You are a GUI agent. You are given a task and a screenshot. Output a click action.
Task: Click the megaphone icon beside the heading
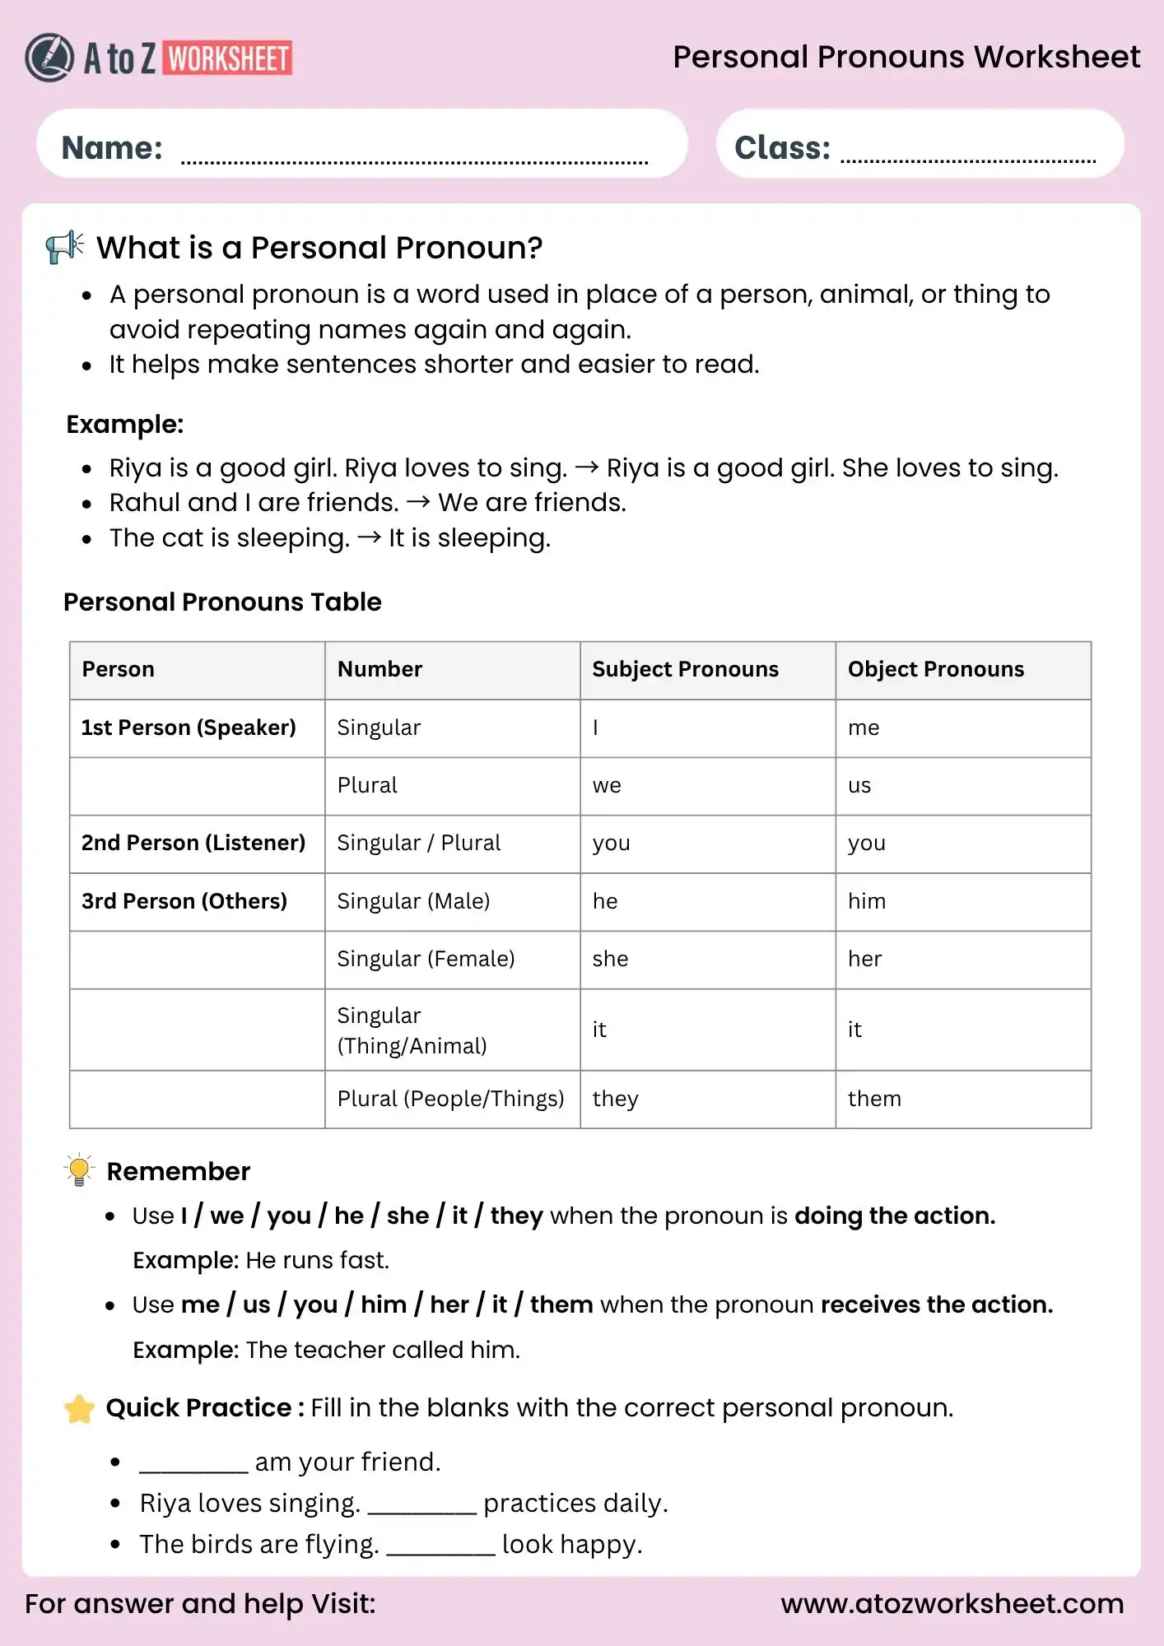click(x=65, y=246)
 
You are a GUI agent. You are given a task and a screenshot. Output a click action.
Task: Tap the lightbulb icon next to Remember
click(x=79, y=1169)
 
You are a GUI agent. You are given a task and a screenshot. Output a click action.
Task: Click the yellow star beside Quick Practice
click(x=79, y=1408)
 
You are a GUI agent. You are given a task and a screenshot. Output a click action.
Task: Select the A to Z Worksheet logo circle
click(x=49, y=58)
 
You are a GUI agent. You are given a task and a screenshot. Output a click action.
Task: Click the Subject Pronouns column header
click(x=685, y=669)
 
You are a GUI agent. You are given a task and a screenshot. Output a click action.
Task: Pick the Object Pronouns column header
click(x=936, y=669)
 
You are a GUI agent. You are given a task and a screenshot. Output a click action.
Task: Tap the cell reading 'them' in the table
click(x=874, y=1099)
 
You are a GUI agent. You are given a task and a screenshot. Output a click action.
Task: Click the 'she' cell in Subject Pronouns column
click(x=610, y=959)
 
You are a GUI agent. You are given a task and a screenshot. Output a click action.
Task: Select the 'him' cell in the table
click(x=867, y=901)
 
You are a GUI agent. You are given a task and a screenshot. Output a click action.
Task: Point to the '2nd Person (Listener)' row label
click(x=193, y=843)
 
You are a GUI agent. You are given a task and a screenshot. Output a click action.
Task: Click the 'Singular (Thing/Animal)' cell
click(x=412, y=1030)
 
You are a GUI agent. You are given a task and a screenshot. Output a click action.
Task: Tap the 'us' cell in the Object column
click(x=859, y=785)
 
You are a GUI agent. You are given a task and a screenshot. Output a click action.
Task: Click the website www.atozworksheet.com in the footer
click(x=952, y=1603)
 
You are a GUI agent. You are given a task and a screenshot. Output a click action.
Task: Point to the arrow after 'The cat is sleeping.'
click(x=370, y=537)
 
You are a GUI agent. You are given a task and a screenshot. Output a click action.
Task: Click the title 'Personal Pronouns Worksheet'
click(x=906, y=57)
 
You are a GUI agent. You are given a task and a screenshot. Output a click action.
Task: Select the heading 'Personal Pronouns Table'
click(x=222, y=602)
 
